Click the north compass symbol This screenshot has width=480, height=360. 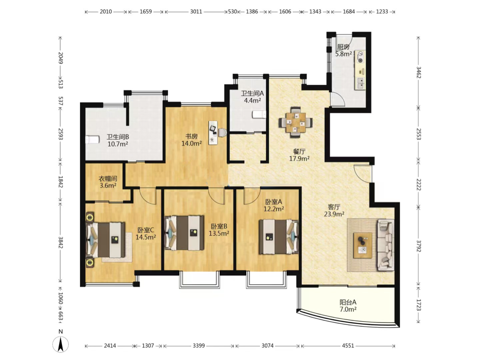click(61, 344)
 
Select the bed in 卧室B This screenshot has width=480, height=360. click(185, 233)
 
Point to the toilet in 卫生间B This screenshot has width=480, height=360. click(92, 140)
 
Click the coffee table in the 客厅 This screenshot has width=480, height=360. click(363, 245)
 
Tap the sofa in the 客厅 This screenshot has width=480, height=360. click(386, 245)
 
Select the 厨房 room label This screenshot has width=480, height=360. click(343, 47)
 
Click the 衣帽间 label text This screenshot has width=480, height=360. click(108, 179)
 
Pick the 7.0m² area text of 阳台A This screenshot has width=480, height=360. click(348, 309)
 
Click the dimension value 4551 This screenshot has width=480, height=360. click(348, 345)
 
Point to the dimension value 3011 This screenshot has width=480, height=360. click(196, 12)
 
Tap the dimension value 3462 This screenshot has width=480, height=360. click(418, 73)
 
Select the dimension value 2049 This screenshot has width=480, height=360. click(61, 58)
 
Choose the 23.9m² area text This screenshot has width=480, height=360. click(334, 214)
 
